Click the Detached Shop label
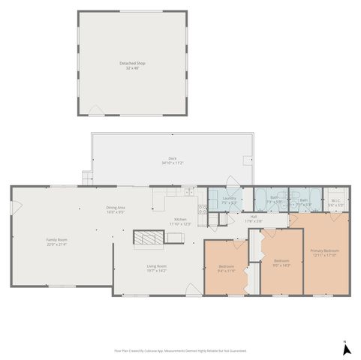pyautogui.click(x=133, y=64)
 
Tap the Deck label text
pyautogui.click(x=172, y=160)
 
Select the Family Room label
pyautogui.click(x=56, y=241)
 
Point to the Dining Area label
pyautogui.click(x=115, y=209)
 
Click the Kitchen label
pyautogui.click(x=180, y=221)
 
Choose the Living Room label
pyautogui.click(x=156, y=268)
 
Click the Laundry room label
pyautogui.click(x=229, y=200)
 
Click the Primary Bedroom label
pyautogui.click(x=324, y=252)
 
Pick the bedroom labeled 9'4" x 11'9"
pyautogui.click(x=227, y=268)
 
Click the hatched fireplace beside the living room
pyautogui.click(x=147, y=238)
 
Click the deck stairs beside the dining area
pyautogui.click(x=86, y=178)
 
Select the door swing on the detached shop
pyautogui.click(x=96, y=111)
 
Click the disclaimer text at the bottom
pyautogui.click(x=180, y=350)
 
